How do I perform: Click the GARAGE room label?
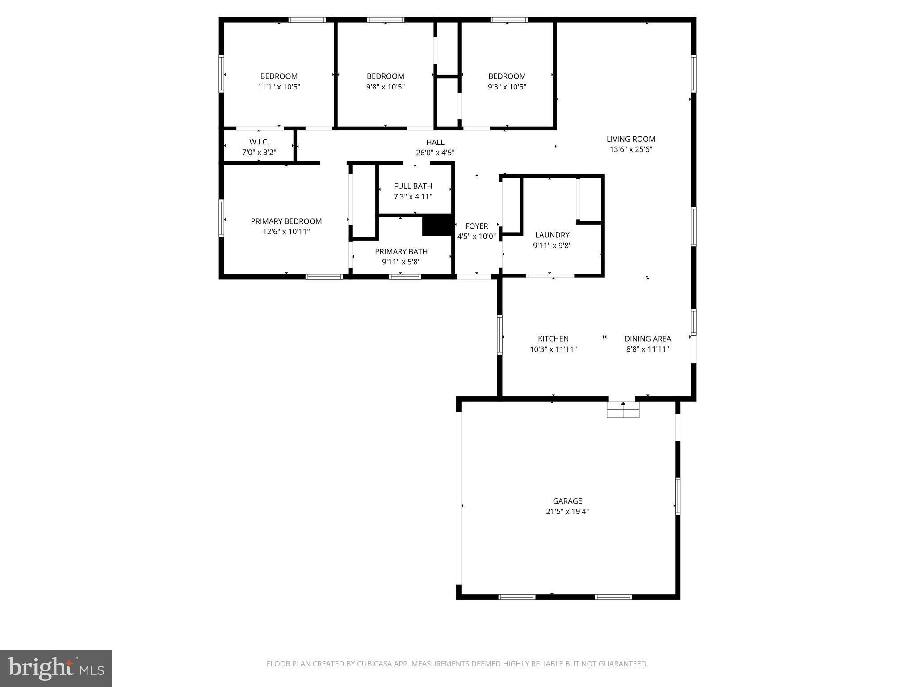point(567,501)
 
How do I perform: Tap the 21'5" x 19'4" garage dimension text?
point(567,512)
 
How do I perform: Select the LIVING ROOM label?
point(631,139)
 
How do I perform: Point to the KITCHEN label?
point(553,339)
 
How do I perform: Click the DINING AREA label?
point(647,339)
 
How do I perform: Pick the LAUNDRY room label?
point(552,235)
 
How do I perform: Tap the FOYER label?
point(477,226)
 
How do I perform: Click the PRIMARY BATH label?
point(401,251)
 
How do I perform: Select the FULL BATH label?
point(413,186)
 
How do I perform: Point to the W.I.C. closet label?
point(259,142)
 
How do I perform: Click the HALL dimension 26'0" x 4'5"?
point(435,153)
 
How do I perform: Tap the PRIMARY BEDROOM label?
point(286,221)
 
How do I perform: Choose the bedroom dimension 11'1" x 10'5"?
point(279,87)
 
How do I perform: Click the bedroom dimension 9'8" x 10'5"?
point(386,87)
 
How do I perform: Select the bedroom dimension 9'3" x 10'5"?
point(507,87)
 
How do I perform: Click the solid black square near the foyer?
point(438,225)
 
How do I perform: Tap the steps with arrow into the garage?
point(623,409)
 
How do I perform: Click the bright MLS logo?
point(56,668)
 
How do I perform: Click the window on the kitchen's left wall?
point(499,335)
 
